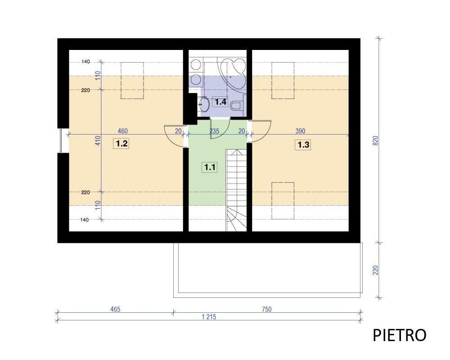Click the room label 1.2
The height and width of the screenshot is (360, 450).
pos(121,143)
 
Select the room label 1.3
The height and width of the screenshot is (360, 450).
pos(303,145)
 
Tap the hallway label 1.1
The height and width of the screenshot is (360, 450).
pos(210,167)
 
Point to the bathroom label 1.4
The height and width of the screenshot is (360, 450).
pos(220,102)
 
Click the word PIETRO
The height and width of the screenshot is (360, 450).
pos(399,335)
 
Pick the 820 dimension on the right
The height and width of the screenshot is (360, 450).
pos(376,140)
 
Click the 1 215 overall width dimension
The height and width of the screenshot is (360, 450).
pos(209,317)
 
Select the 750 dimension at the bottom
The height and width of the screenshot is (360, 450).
pos(266,309)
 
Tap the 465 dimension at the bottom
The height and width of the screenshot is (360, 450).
pos(115,309)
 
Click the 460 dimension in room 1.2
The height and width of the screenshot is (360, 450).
pos(122,131)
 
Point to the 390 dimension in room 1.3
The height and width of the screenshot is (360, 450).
pos(300,131)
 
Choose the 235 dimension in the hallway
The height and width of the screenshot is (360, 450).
pos(214,131)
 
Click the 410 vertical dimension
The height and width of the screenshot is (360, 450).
pos(98,140)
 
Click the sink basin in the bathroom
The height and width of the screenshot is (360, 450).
pos(204,104)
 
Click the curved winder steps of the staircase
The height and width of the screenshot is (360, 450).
pos(236,219)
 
